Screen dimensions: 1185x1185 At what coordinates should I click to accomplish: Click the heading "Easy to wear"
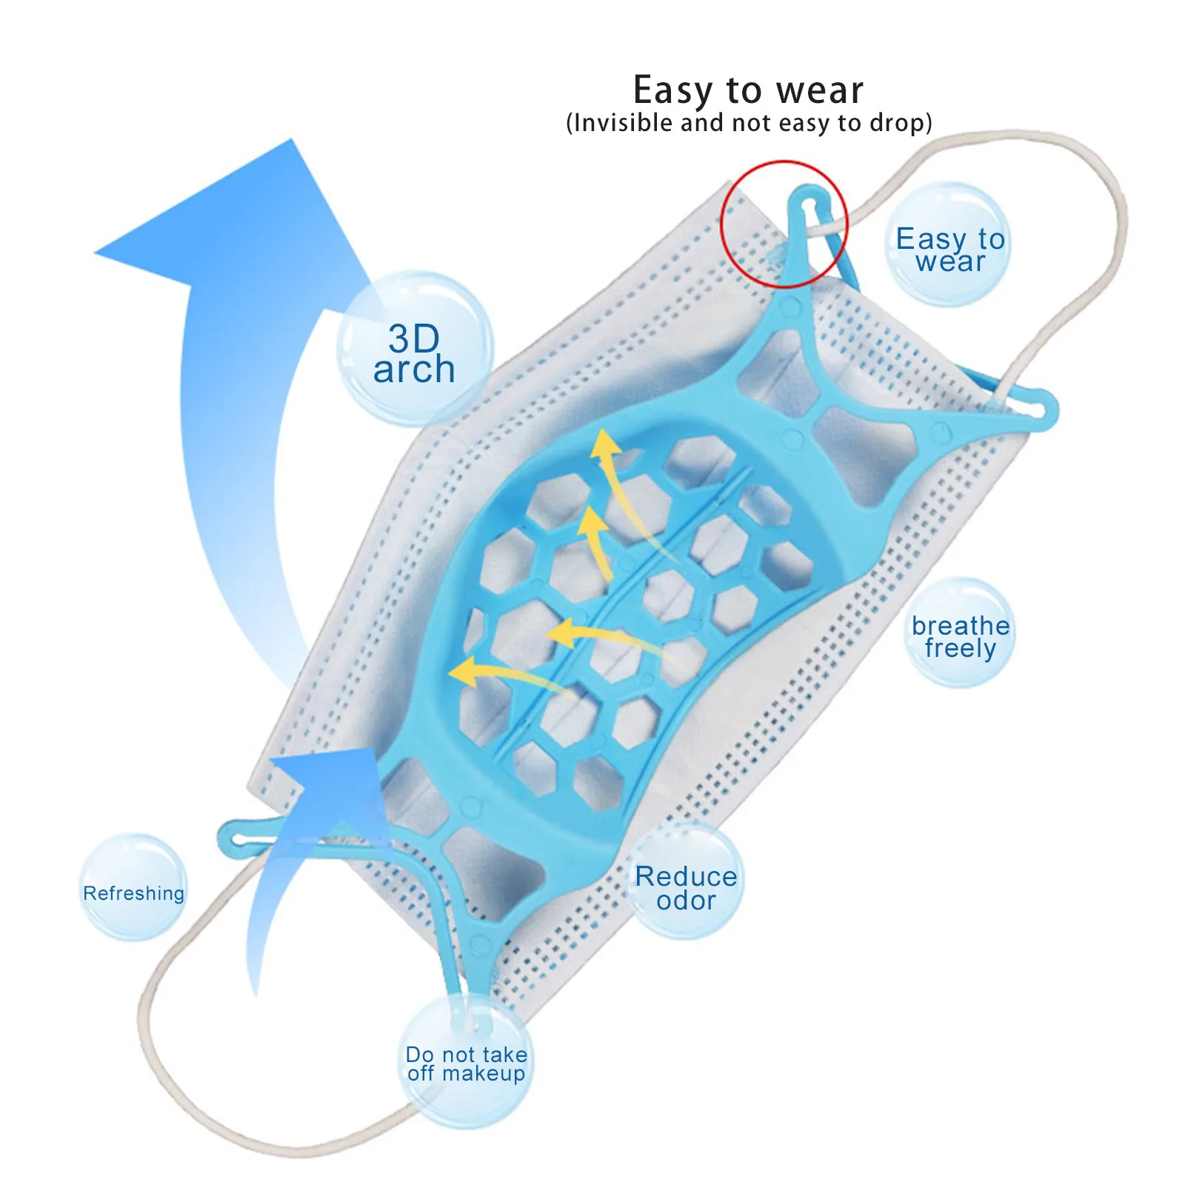coord(748,90)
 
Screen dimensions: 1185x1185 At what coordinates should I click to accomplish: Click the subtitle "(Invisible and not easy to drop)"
coord(749,123)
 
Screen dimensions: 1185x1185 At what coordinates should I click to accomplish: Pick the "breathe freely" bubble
coord(960,634)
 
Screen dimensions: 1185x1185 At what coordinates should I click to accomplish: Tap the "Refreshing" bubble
coord(133,889)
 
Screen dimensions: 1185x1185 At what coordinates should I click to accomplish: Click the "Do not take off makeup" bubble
coord(467,1064)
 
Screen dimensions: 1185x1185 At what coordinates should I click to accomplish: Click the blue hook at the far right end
coord(1041,410)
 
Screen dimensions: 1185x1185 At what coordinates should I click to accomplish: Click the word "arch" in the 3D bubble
coord(414,369)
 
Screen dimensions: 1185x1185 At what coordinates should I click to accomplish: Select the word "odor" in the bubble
coord(686,901)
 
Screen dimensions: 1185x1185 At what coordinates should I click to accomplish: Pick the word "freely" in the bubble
coord(961,649)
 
